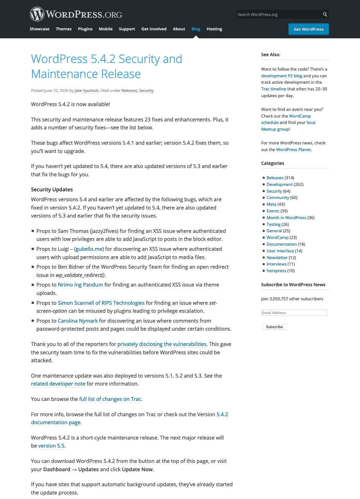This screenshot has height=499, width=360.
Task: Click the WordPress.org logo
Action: coord(76,14)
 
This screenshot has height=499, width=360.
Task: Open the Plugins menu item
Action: coord(85,29)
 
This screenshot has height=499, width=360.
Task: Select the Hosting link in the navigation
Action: coord(214,29)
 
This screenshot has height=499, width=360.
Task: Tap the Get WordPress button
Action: coord(309,29)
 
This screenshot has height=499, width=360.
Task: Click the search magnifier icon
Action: coord(325,14)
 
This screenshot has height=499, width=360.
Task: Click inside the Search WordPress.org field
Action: coord(278,14)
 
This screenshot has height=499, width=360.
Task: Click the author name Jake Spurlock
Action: coord(86,91)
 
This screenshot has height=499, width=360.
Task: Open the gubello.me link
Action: coord(89,249)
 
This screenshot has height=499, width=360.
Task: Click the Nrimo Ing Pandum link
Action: coord(80,285)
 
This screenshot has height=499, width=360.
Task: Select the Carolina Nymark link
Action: coord(78,321)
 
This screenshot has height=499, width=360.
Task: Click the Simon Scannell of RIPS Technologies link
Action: coord(101,303)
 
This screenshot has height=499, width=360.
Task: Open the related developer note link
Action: coord(58,384)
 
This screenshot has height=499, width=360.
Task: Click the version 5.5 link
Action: coord(51,446)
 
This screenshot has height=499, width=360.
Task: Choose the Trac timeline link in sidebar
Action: coord(274,89)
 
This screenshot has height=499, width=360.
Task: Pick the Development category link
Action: coord(279,184)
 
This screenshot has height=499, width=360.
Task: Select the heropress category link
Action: coord(276,271)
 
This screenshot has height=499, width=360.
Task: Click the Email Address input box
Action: coord(294,313)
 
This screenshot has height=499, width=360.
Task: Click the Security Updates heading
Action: coord(52,189)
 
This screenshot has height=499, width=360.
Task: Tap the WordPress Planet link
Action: coord(293,150)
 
